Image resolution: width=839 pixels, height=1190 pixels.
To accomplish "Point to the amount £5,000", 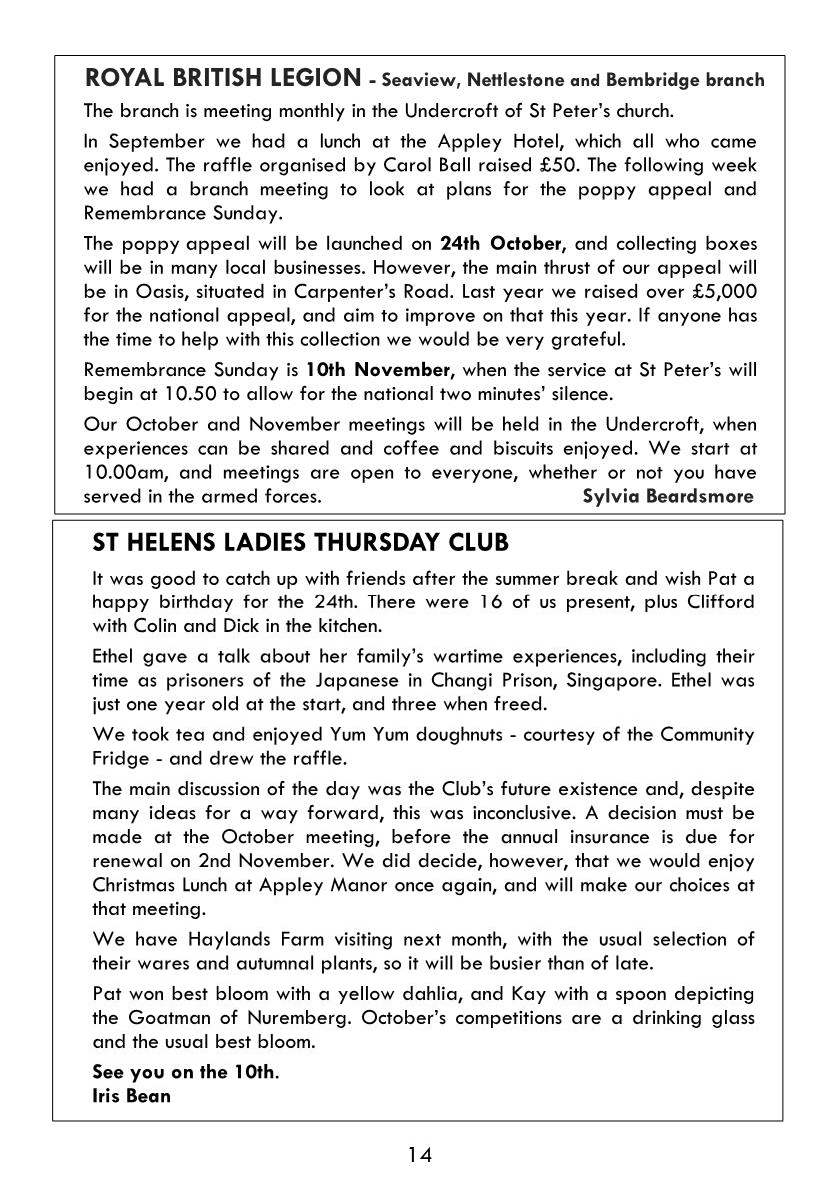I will (x=721, y=291).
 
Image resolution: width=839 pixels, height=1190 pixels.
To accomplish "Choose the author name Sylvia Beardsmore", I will (x=667, y=496).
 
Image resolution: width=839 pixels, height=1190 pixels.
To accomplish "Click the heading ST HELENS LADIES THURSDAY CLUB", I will (x=300, y=544).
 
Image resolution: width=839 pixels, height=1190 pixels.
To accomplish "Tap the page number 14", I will (x=419, y=1156).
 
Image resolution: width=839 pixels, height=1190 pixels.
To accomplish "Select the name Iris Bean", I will (x=131, y=1096).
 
